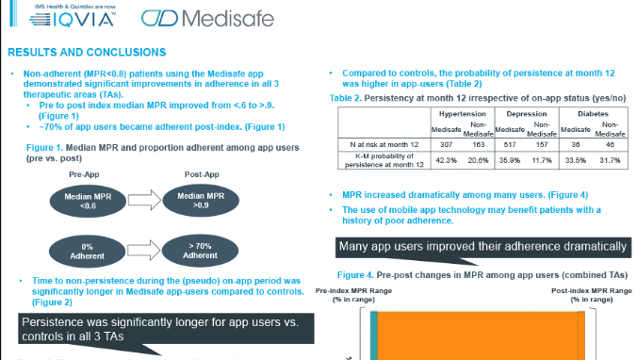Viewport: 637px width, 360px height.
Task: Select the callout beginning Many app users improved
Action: (x=482, y=249)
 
